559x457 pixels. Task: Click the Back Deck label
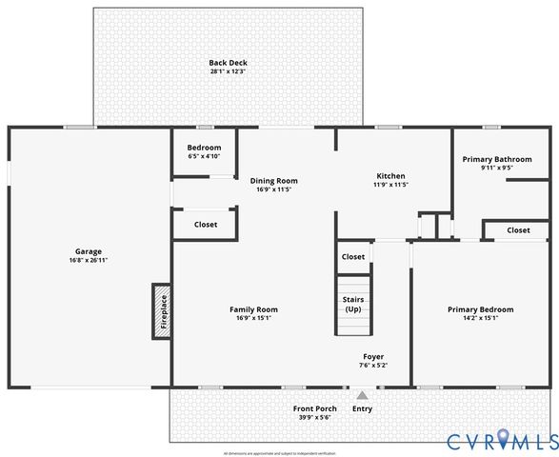(228, 63)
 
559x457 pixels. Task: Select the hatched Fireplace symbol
(162, 310)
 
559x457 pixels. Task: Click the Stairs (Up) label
(353, 305)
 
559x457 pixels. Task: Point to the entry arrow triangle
(362, 394)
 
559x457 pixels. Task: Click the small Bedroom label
(204, 148)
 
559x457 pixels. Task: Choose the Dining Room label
(274, 180)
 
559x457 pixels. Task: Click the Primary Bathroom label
(497, 159)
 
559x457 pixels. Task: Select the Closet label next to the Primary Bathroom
(518, 229)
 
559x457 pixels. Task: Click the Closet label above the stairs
(353, 256)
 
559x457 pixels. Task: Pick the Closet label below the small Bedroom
(205, 225)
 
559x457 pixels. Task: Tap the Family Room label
(253, 309)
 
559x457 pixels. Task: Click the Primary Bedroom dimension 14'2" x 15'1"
(480, 318)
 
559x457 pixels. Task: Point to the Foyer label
(373, 356)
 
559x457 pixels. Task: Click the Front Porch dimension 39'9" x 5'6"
(314, 418)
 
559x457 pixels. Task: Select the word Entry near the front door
(363, 408)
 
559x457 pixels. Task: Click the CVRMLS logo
(502, 440)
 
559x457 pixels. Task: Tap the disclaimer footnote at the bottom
(279, 452)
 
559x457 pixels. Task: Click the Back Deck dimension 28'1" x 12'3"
(228, 72)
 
